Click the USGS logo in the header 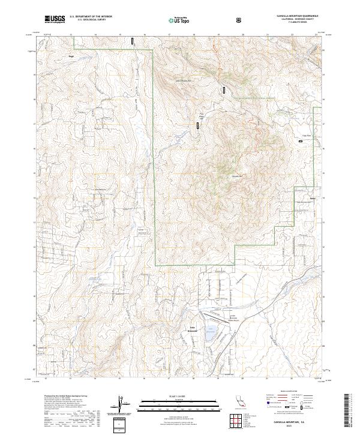54,19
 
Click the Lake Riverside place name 194,328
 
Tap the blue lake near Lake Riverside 211,331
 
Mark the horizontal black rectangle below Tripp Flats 301,141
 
